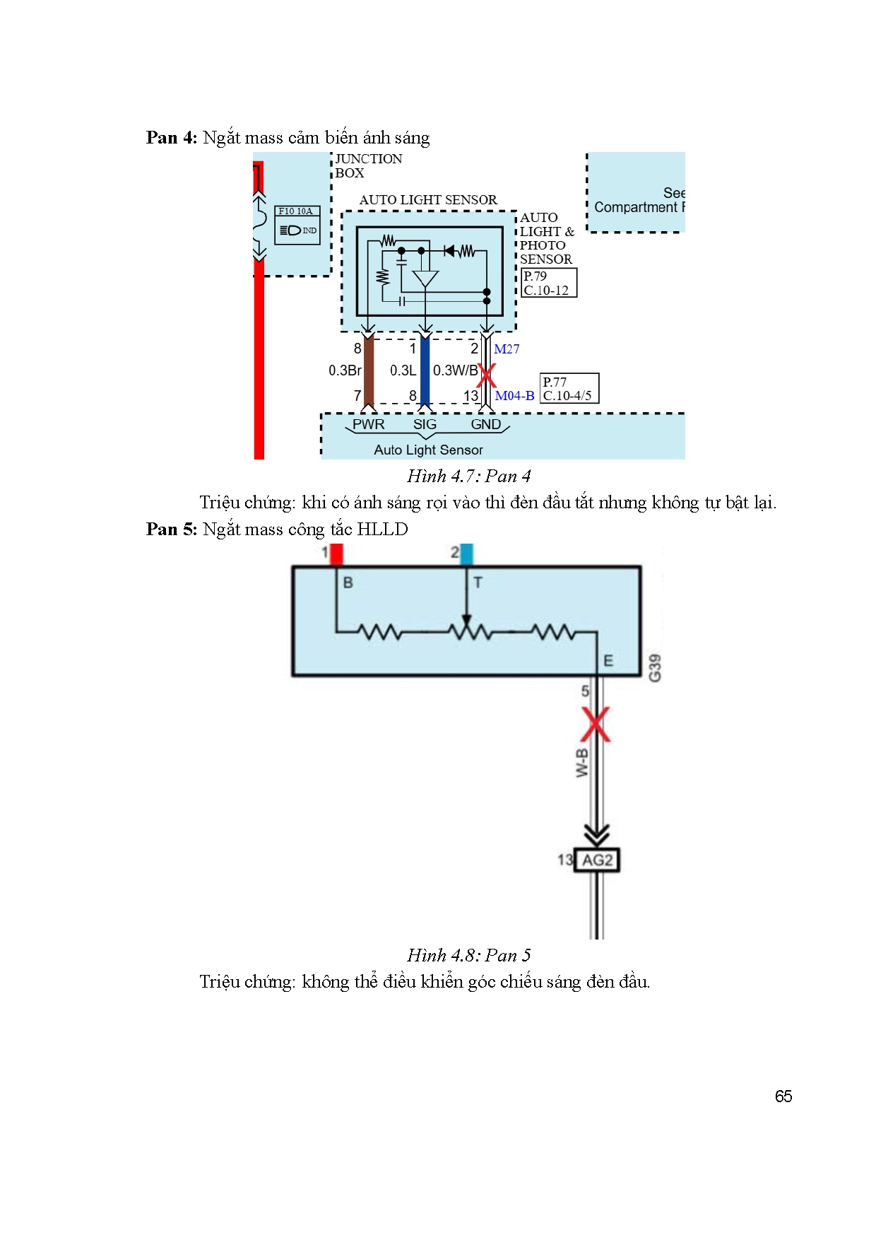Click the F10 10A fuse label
296,211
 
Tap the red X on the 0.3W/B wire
486,375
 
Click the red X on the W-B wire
596,724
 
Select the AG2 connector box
597,860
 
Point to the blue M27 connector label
507,349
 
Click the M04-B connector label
514,396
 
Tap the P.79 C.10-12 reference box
549,283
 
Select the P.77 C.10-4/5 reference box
569,389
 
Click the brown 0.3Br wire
368,371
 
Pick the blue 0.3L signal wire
425,371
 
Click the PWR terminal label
368,424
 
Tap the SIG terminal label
425,424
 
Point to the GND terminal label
486,424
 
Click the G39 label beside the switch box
655,667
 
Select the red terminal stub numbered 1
336,554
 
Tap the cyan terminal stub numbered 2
466,554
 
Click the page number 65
783,1096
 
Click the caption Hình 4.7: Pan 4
468,476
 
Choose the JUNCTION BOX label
368,165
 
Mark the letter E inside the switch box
608,661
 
